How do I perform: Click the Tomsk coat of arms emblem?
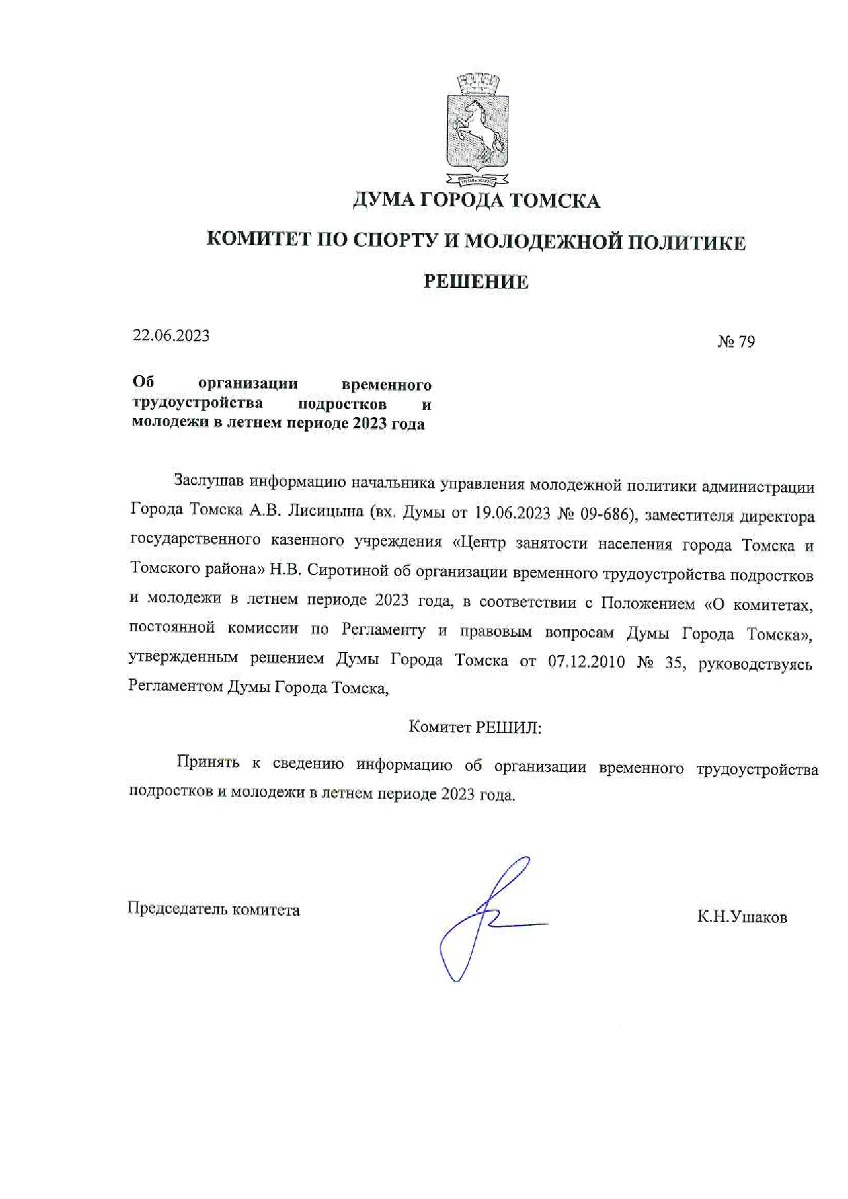477,129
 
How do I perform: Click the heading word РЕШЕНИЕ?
476,282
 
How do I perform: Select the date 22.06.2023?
171,336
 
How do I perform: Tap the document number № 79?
736,341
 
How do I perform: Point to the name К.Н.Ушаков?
742,917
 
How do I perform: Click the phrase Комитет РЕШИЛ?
475,727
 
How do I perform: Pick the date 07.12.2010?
586,661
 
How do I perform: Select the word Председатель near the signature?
177,909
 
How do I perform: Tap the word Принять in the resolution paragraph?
208,762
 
